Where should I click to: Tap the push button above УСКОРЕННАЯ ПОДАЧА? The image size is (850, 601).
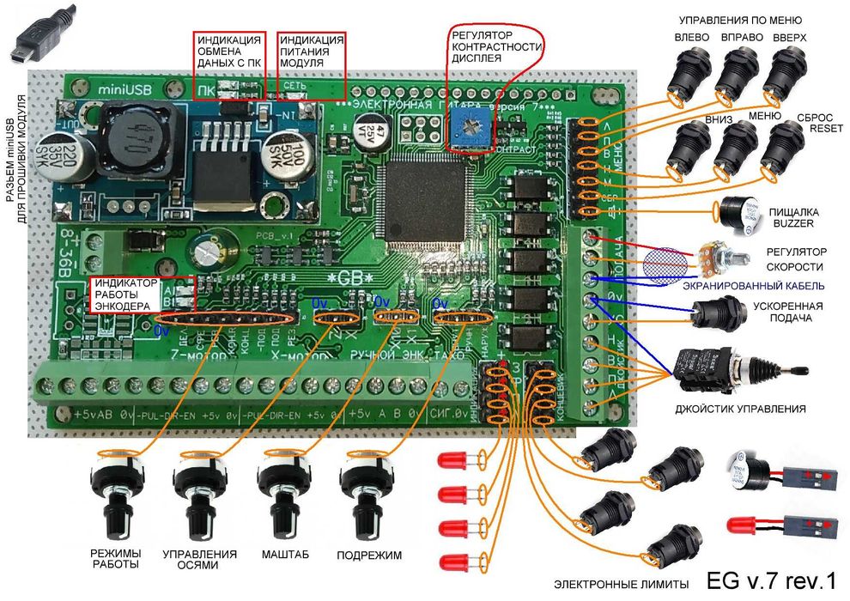(716, 314)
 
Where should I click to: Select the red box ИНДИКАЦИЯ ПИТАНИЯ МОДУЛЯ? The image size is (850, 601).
(312, 53)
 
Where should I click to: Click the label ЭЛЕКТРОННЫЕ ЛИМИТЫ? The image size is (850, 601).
(622, 584)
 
